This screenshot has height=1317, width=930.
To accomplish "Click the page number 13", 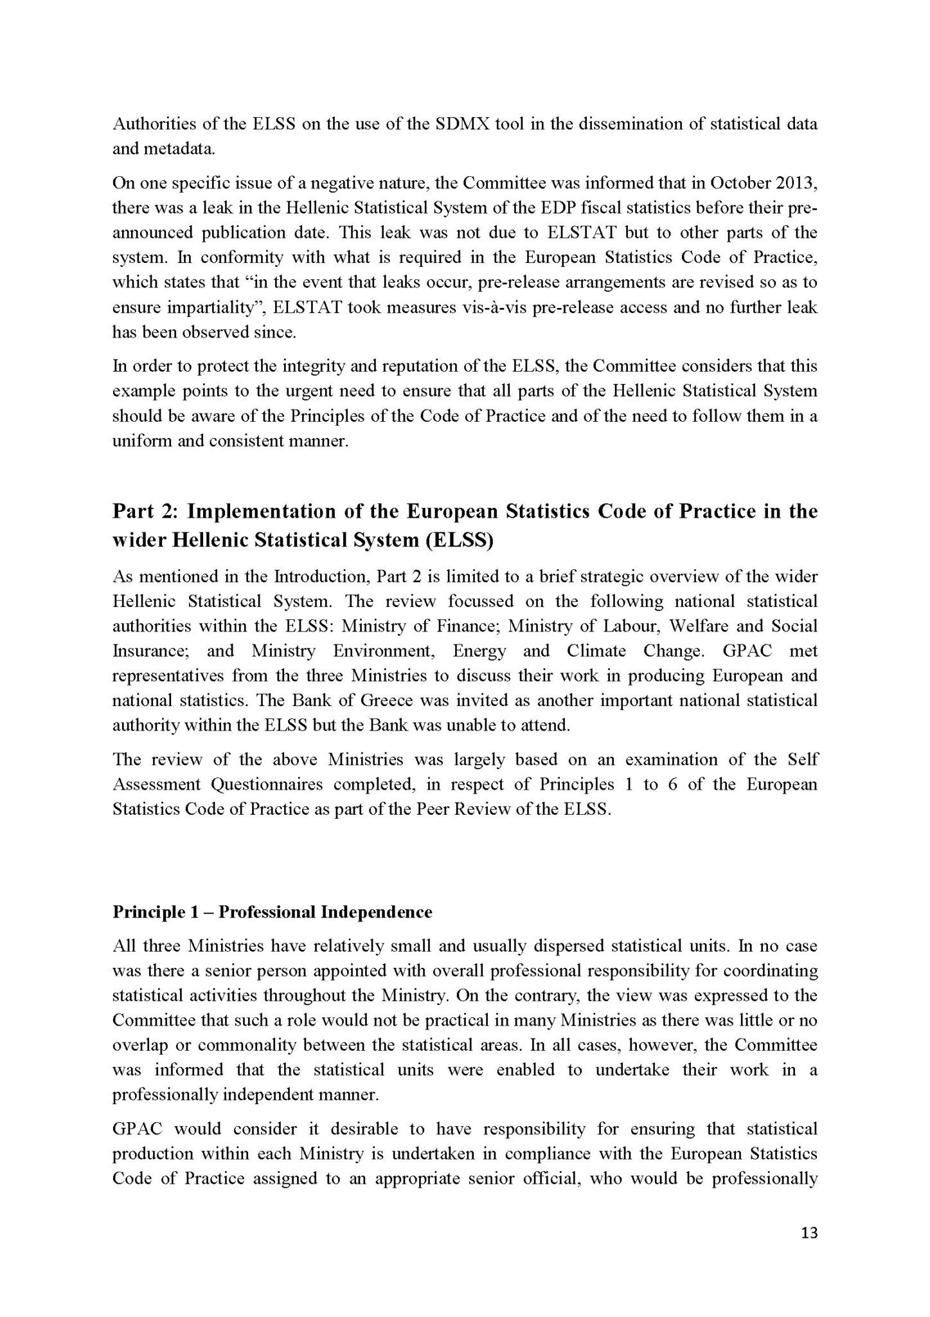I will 809,1251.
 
